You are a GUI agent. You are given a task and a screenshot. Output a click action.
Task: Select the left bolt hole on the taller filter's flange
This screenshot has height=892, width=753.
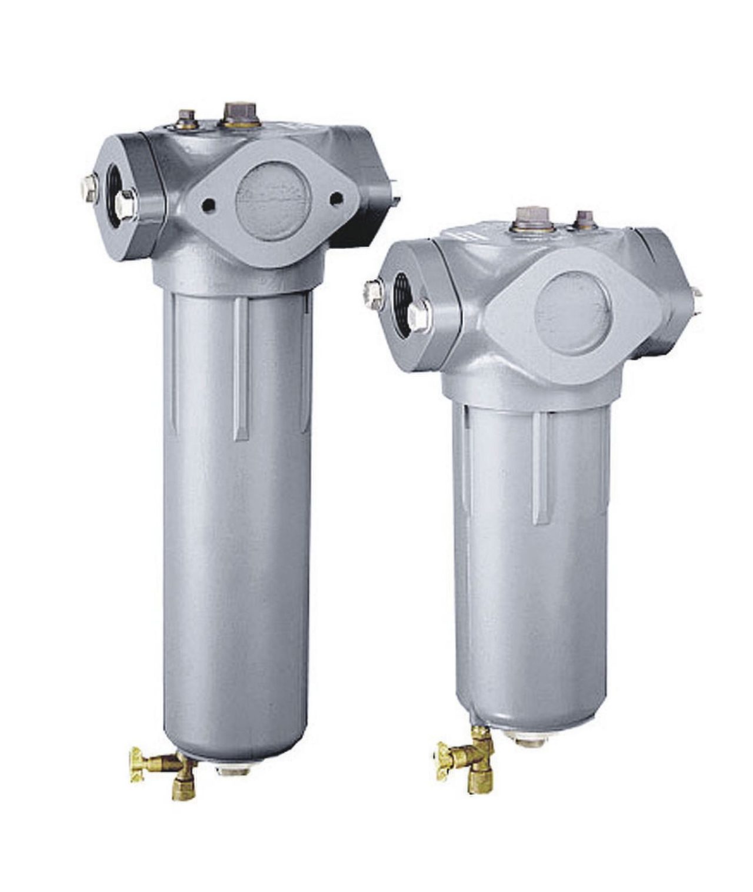click(x=207, y=205)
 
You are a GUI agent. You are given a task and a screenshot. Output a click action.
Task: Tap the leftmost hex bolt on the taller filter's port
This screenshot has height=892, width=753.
click(x=90, y=189)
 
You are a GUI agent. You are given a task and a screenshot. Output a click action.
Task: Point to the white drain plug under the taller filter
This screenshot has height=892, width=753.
click(x=233, y=769)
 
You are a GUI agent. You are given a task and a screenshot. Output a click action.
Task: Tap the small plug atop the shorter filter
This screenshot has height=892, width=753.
click(x=584, y=219)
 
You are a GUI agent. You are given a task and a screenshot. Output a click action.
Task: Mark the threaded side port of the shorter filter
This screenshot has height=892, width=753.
click(x=401, y=303)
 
